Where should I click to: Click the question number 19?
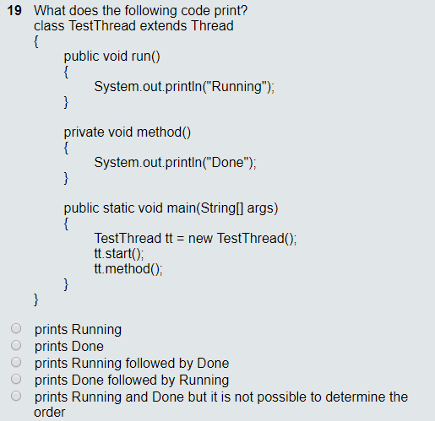tap(14, 11)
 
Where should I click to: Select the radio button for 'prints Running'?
tap(15, 329)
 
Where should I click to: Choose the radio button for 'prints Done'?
tap(15, 346)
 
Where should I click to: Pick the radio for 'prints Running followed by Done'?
tap(15, 363)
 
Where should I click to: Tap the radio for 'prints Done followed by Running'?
tap(15, 380)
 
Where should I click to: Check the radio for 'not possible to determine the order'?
tap(15, 397)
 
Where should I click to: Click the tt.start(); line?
tap(119, 253)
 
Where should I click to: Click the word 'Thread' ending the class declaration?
tap(212, 26)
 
